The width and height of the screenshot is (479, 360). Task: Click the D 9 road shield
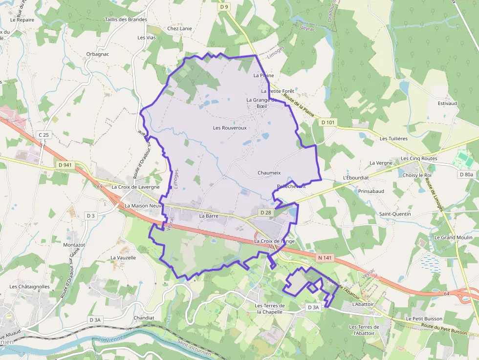coord(224,7)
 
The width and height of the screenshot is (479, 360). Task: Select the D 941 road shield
coord(65,165)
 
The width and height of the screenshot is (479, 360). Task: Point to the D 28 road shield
coord(265,212)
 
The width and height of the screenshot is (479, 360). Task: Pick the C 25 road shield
coord(44,135)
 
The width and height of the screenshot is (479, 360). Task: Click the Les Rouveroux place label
coord(230,128)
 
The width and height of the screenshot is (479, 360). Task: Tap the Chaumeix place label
coord(269,173)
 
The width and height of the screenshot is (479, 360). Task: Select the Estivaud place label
coord(447,104)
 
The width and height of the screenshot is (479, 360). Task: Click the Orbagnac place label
coord(97,54)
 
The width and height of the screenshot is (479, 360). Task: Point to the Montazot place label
coord(74,245)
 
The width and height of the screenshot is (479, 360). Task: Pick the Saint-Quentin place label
coord(395,214)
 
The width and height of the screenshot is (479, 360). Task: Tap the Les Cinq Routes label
coord(419,159)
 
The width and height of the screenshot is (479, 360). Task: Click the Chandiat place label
coord(144,318)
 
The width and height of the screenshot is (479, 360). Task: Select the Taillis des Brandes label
coord(126,20)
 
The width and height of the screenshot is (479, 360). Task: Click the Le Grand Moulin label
coord(453,237)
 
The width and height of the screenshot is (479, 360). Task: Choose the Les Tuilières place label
coord(393,139)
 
